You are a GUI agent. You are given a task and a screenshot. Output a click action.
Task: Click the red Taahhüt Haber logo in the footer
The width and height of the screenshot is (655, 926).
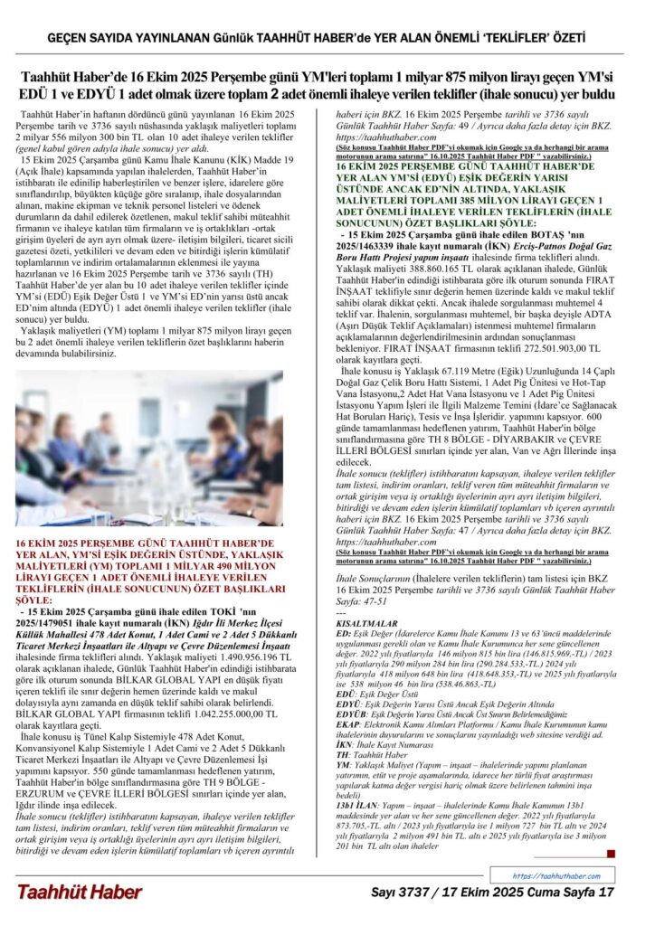click(79, 892)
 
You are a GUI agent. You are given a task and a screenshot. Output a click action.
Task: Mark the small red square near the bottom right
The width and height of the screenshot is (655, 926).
click(611, 854)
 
